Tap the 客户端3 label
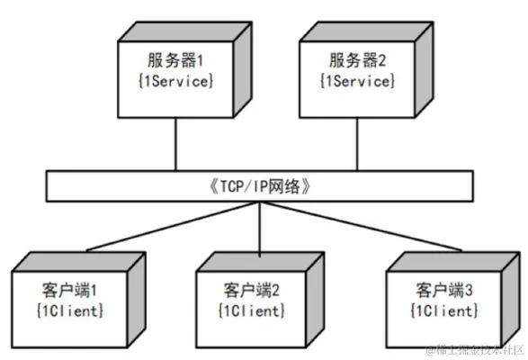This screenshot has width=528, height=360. pyautogui.click(x=443, y=291)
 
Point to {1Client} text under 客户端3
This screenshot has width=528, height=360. pyautogui.click(x=443, y=310)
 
